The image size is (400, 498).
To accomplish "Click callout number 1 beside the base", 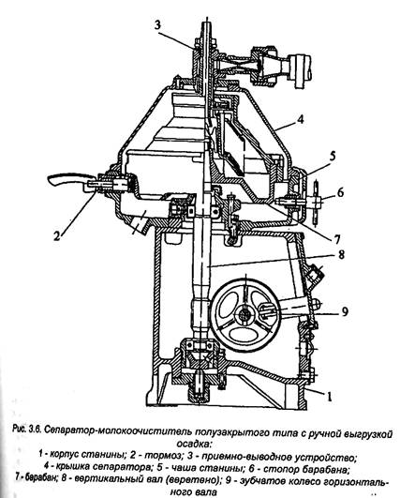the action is click(x=329, y=396).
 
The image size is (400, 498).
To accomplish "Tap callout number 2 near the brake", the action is click(x=57, y=235).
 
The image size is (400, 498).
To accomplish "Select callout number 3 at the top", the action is click(x=158, y=25).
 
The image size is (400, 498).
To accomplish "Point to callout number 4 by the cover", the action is click(x=301, y=120).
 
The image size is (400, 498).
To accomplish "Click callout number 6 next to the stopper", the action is click(x=340, y=192).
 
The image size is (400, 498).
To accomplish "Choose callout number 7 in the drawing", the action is click(x=336, y=239).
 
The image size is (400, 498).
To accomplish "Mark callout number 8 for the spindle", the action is click(x=341, y=255).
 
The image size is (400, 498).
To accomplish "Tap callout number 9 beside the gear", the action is click(x=345, y=311).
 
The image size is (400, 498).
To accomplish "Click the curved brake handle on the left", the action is click(x=68, y=178).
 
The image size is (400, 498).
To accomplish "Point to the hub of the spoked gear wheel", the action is click(x=244, y=315).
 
